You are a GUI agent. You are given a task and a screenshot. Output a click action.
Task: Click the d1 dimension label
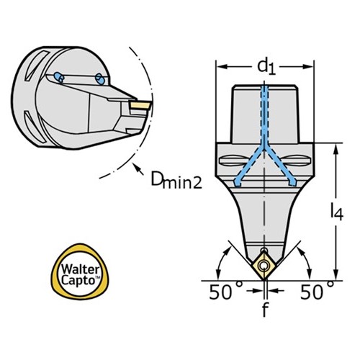tap(266, 67)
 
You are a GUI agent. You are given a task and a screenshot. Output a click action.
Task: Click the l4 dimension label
tap(337, 212)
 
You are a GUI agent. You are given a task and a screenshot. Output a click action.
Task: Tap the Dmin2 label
tap(176, 181)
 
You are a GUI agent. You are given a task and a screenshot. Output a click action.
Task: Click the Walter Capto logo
tap(80, 272)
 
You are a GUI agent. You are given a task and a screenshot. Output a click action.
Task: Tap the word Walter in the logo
tap(80, 269)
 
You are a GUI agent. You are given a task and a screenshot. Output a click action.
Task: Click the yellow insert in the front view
tap(264, 266)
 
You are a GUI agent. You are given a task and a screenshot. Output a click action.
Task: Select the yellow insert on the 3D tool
tap(140, 105)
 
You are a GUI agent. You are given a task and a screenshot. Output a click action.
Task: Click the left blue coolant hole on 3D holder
tap(59, 77)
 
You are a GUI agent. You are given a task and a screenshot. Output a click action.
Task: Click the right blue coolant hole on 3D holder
tap(99, 78)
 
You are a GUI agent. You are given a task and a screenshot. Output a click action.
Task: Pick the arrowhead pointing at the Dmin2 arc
tap(136, 166)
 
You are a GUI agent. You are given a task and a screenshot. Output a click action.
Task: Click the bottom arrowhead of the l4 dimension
tap(337, 275)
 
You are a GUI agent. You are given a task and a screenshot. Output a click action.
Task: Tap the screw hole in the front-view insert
tap(264, 266)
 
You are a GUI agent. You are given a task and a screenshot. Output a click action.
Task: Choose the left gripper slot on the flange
tap(233, 161)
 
